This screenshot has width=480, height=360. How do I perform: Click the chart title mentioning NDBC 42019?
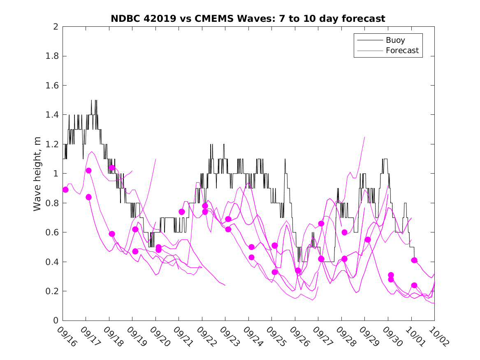(x=248, y=19)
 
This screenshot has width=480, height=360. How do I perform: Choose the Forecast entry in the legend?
(x=402, y=51)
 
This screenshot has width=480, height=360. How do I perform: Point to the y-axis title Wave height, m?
(x=37, y=174)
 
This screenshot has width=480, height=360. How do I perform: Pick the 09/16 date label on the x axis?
(x=66, y=337)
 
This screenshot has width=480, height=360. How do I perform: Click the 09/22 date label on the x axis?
(x=206, y=337)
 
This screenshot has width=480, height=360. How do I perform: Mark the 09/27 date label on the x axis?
(x=322, y=337)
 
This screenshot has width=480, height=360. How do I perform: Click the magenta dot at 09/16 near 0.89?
(x=65, y=190)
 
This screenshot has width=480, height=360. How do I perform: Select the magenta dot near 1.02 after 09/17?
(x=88, y=171)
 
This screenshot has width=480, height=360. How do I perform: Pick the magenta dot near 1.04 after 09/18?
(x=112, y=168)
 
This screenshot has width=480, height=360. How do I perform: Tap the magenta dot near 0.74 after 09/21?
(x=181, y=212)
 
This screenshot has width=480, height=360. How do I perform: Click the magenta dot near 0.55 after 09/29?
(x=368, y=240)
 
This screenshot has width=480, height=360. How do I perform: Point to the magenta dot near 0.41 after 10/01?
(x=414, y=260)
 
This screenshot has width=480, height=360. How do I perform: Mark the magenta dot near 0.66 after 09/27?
(x=321, y=223)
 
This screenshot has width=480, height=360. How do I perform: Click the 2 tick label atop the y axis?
(x=55, y=27)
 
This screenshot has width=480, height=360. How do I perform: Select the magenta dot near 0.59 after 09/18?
(x=112, y=234)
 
